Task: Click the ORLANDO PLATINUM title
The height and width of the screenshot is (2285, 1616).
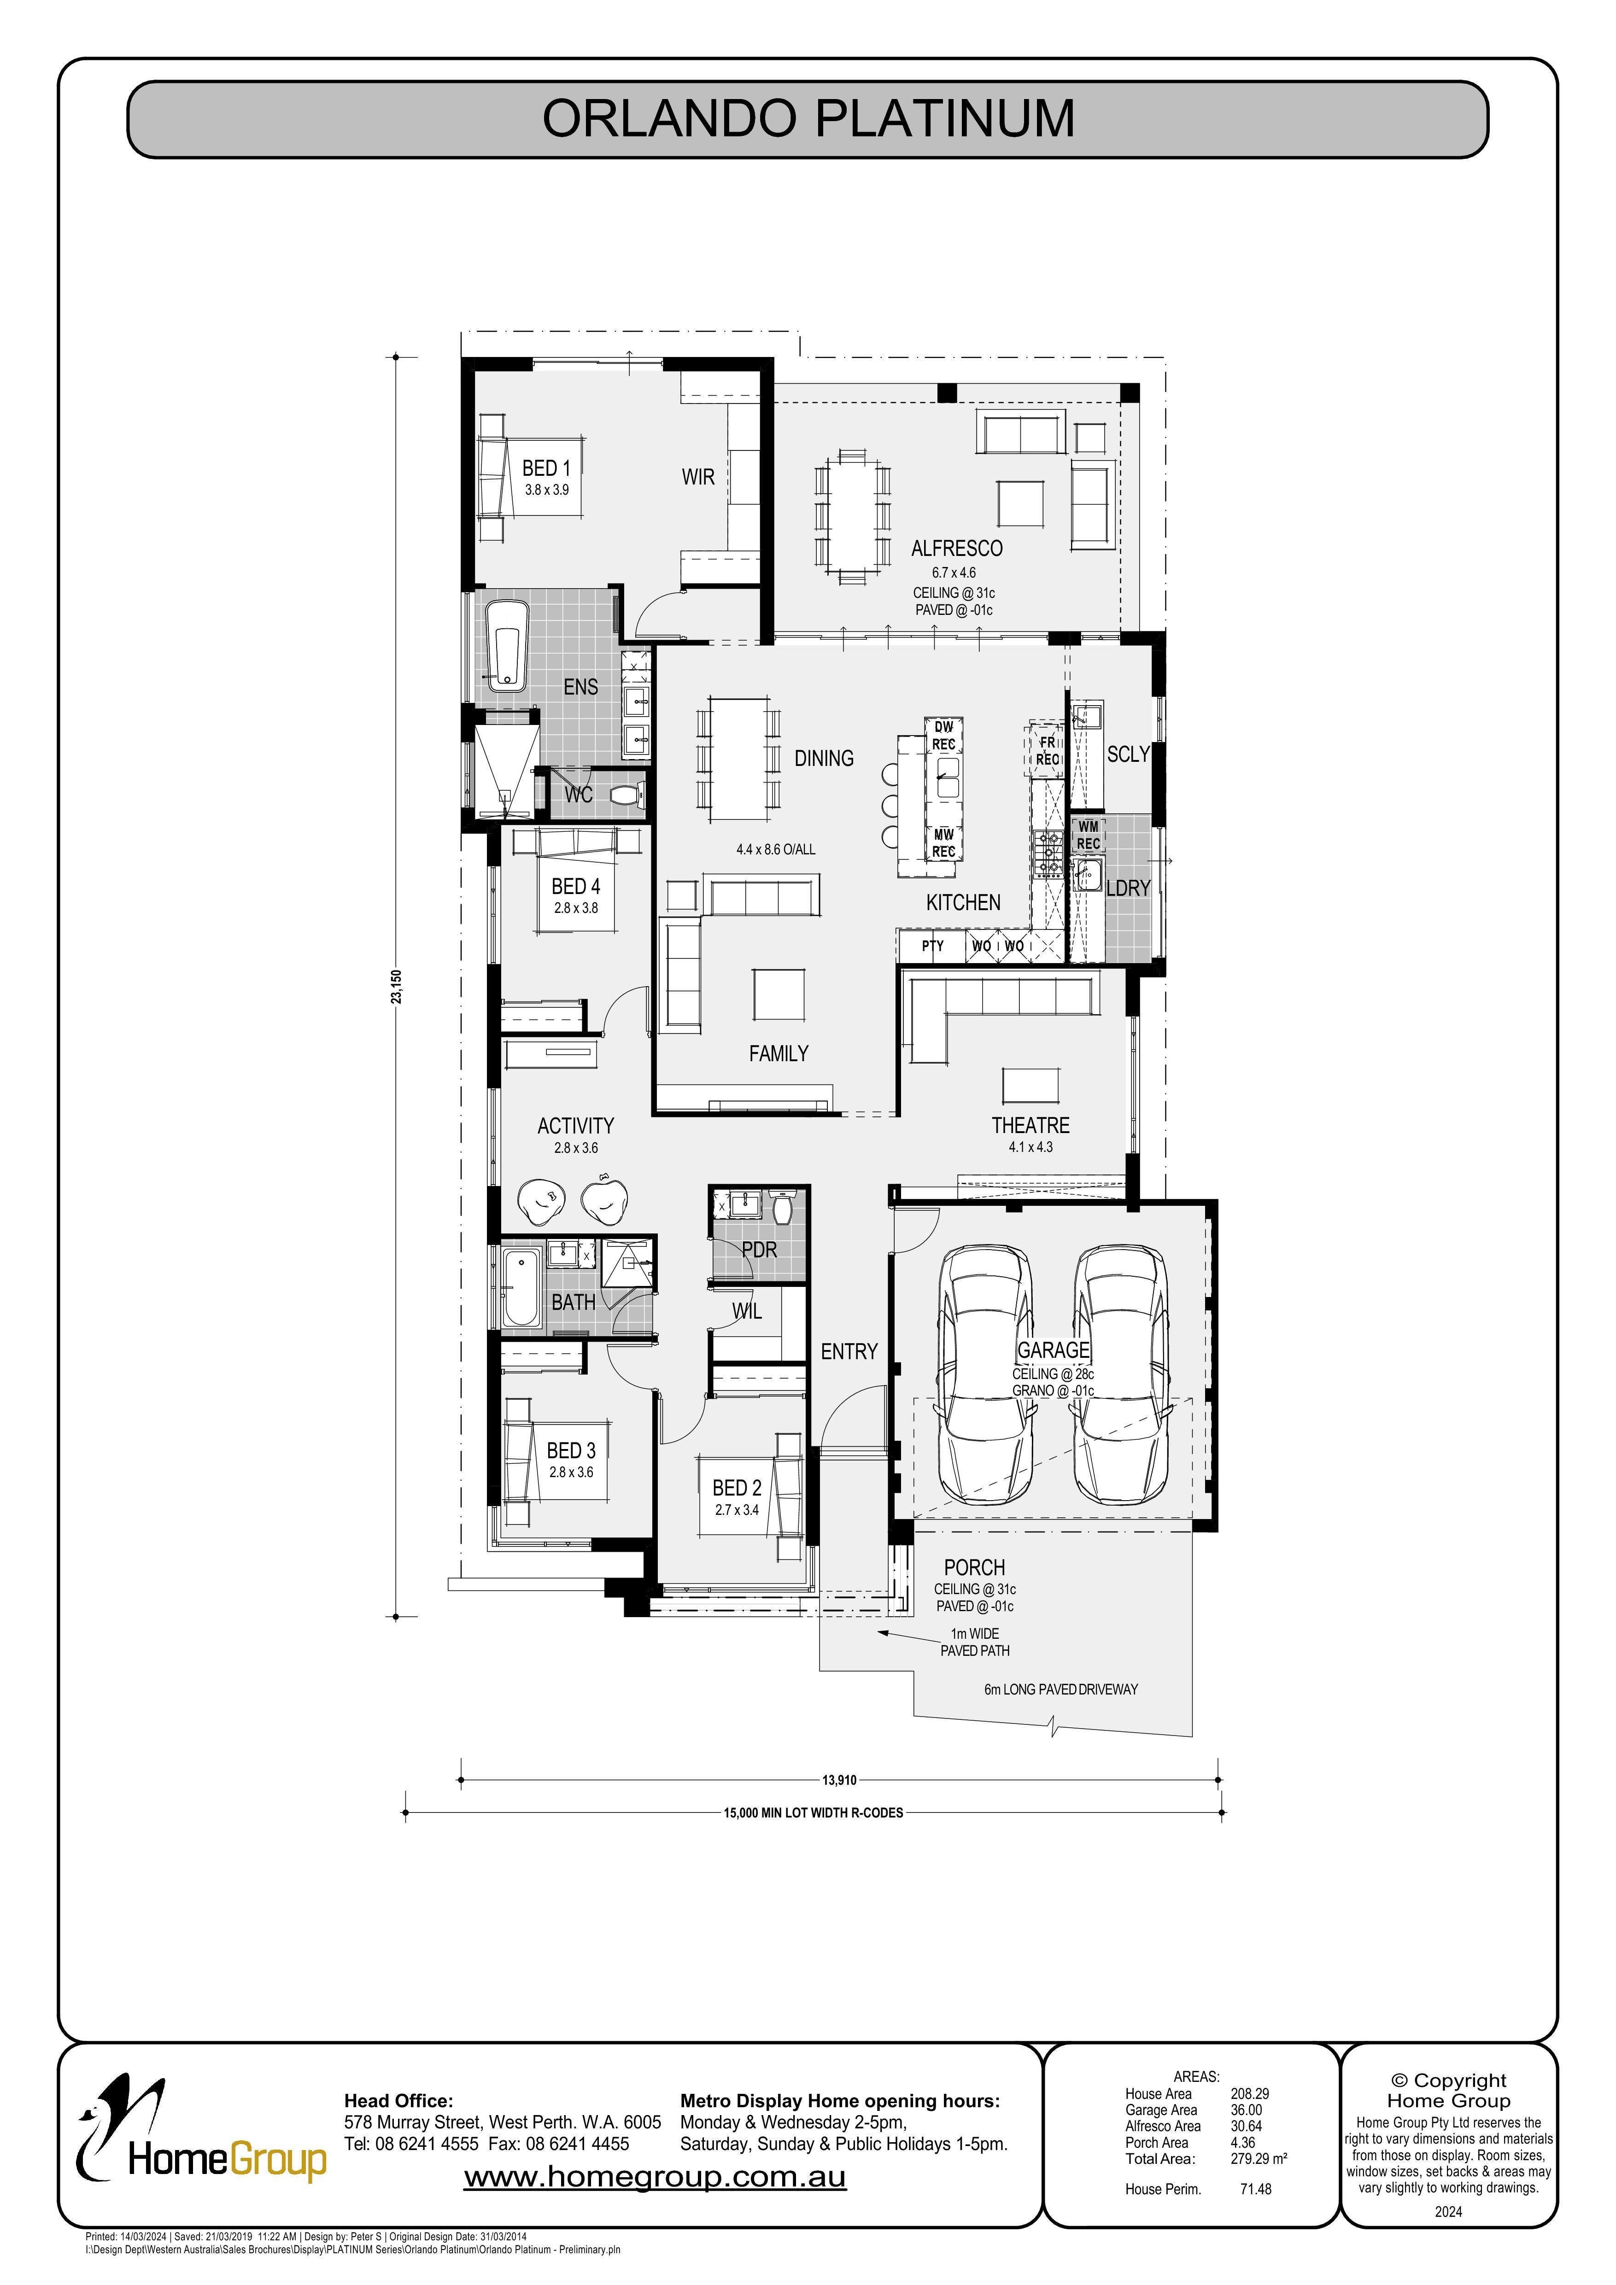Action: [808, 118]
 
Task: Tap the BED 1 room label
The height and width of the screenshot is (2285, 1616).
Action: [546, 468]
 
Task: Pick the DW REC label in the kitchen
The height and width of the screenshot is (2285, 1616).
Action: [943, 736]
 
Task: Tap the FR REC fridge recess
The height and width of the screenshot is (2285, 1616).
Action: [1047, 750]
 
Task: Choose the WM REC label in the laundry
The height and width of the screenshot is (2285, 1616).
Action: [1089, 835]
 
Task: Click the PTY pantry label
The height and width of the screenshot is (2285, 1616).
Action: [932, 946]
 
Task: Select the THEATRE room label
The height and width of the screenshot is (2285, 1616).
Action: [1031, 1126]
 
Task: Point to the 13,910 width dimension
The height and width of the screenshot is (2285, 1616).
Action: [839, 1781]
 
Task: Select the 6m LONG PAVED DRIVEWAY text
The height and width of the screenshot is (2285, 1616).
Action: [1061, 1689]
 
